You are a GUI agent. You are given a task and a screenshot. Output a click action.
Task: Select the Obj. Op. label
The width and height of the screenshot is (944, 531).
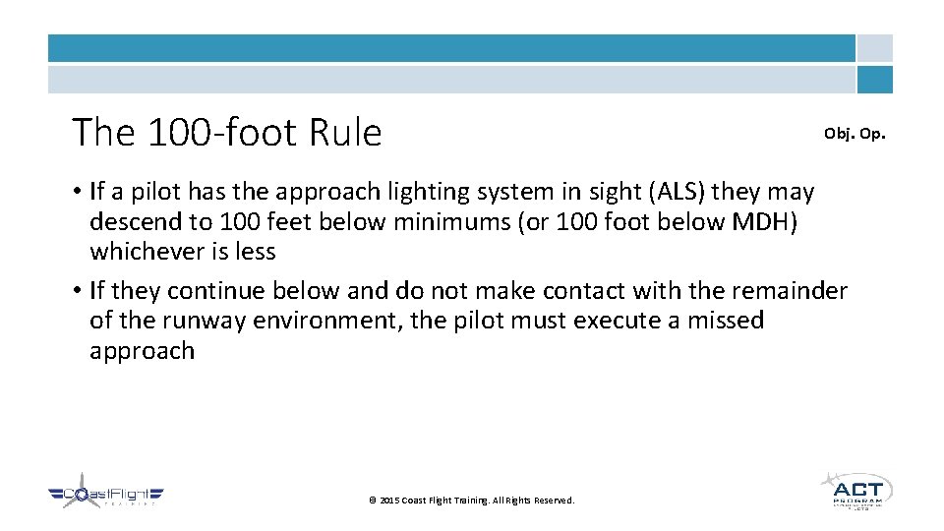[854, 133]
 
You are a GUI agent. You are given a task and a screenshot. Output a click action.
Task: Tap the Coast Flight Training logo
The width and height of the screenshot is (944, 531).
[106, 497]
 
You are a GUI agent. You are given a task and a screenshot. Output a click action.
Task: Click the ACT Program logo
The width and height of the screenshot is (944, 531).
[855, 490]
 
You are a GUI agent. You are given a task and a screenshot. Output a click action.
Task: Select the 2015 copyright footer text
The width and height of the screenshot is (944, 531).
[471, 501]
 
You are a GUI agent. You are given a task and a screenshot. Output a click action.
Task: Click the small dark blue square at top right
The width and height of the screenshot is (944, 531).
[874, 80]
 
